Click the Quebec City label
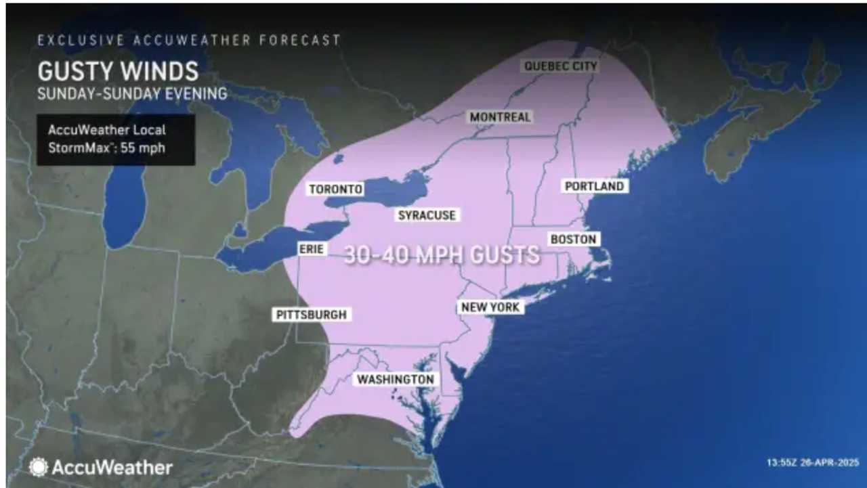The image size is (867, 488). coord(560,66)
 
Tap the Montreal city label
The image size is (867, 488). coord(500,117)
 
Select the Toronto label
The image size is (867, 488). coord(335,190)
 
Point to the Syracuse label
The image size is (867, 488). coord(427,215)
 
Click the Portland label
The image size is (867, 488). coord(594,186)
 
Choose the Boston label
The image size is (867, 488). coord(573,239)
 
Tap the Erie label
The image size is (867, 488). coord(312,249)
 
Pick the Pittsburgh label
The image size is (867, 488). coord(311,315)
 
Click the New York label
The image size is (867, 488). coord(490,307)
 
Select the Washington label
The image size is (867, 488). coord(396,380)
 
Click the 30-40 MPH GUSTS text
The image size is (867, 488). coord(442,255)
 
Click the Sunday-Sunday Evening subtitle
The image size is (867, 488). coord(132,93)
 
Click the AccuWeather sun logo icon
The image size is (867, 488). coord(38,466)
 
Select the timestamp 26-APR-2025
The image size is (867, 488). coord(812,464)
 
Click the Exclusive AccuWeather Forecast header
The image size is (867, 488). coord(189,40)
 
